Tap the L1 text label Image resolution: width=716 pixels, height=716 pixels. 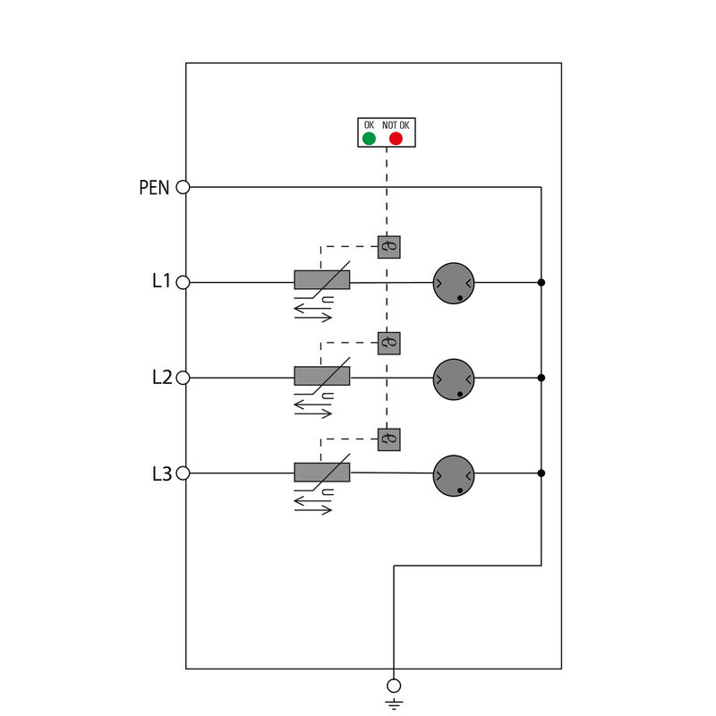[x=161, y=282]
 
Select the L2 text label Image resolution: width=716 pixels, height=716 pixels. [x=161, y=378]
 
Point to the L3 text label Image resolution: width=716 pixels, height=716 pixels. [x=161, y=473]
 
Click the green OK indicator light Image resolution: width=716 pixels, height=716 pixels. [x=369, y=139]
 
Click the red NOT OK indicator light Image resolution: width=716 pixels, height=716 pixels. [x=396, y=139]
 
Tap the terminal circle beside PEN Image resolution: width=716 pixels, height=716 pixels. [x=183, y=187]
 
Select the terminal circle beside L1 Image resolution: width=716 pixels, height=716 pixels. [x=183, y=282]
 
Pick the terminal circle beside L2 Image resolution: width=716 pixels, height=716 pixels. [x=183, y=378]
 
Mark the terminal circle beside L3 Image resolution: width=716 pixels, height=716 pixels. [x=183, y=473]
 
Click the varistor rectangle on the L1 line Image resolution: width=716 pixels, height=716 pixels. [x=321, y=280]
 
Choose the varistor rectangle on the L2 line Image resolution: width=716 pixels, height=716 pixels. [x=321, y=376]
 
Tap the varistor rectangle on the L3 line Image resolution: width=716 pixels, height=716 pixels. [x=321, y=472]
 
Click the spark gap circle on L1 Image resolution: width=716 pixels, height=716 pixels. [x=453, y=283]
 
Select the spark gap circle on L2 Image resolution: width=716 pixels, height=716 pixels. [x=453, y=379]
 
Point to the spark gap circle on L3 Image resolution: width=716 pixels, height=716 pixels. [x=453, y=474]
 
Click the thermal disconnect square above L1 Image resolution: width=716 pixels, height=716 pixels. [x=388, y=247]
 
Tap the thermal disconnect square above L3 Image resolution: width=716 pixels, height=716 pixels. [x=388, y=439]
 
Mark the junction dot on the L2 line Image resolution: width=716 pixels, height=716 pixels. [x=541, y=378]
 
